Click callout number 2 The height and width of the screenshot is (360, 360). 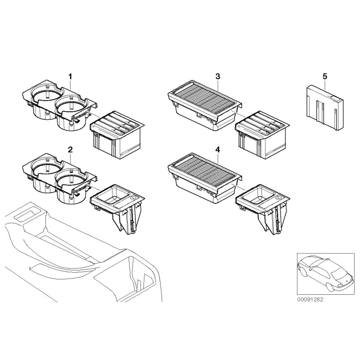(x=70, y=149)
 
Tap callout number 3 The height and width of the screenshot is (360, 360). (x=217, y=77)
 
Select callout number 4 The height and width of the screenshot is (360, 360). (x=217, y=149)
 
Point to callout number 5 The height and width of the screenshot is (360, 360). (x=324, y=77)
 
